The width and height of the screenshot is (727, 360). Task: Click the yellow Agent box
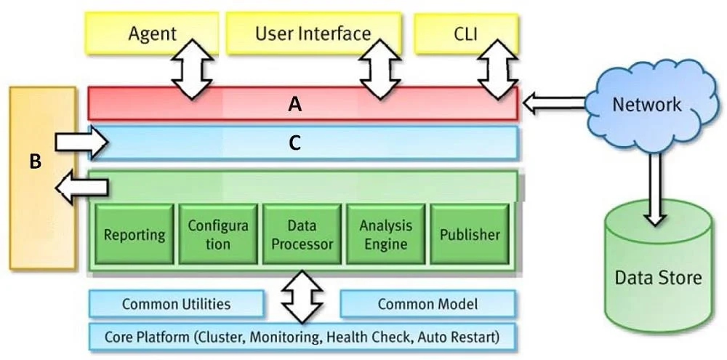tap(153, 33)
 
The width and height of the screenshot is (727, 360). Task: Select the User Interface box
tap(313, 33)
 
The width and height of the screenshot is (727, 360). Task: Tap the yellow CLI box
tap(465, 33)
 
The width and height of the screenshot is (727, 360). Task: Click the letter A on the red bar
tap(295, 105)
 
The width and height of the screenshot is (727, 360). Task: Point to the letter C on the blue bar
tap(295, 144)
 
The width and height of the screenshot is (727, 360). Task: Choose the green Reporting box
tap(134, 233)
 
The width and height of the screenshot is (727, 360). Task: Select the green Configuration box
tap(218, 233)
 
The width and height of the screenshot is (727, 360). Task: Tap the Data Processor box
tap(302, 233)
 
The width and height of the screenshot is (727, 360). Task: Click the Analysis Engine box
tap(386, 233)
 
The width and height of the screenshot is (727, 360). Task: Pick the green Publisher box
tap(470, 233)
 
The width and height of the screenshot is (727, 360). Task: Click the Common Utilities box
tap(176, 304)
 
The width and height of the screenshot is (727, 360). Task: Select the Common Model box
tap(427, 304)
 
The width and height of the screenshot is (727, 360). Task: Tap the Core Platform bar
tap(302, 336)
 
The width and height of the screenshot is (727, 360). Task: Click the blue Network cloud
tap(647, 105)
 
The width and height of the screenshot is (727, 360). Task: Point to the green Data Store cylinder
tap(658, 273)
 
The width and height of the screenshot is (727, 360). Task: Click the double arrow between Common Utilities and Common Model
tap(302, 296)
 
